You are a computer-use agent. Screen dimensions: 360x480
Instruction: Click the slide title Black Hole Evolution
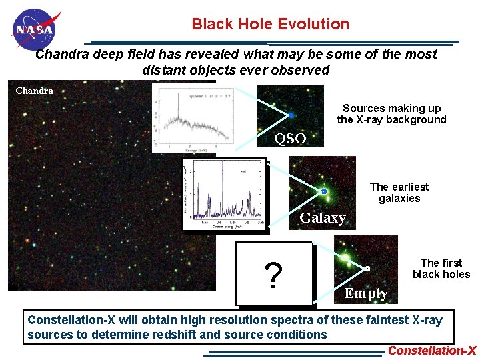pyautogui.click(x=270, y=24)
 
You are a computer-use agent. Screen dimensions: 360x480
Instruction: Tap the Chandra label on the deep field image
pyautogui.click(x=34, y=91)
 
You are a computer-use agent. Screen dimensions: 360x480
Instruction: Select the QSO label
pyautogui.click(x=291, y=139)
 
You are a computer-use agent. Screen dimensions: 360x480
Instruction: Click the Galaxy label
pyautogui.click(x=322, y=218)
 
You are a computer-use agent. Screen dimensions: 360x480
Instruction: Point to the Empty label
pyautogui.click(x=366, y=293)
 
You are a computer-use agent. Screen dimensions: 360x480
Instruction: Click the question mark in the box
pyautogui.click(x=272, y=275)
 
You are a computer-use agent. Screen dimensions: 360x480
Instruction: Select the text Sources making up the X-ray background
pyautogui.click(x=391, y=114)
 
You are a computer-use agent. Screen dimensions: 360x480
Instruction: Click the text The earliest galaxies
pyautogui.click(x=399, y=193)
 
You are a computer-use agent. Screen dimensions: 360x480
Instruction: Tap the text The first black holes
pyautogui.click(x=441, y=269)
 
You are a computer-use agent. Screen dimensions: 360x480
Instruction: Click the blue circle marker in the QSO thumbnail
pyautogui.click(x=291, y=115)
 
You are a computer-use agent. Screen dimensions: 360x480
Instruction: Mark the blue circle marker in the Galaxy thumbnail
pyautogui.click(x=323, y=191)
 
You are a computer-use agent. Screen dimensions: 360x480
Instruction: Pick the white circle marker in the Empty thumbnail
pyautogui.click(x=367, y=269)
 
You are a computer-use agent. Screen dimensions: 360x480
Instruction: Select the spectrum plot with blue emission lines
pyautogui.click(x=224, y=194)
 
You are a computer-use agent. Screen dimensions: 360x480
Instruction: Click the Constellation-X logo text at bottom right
pyautogui.click(x=432, y=351)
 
